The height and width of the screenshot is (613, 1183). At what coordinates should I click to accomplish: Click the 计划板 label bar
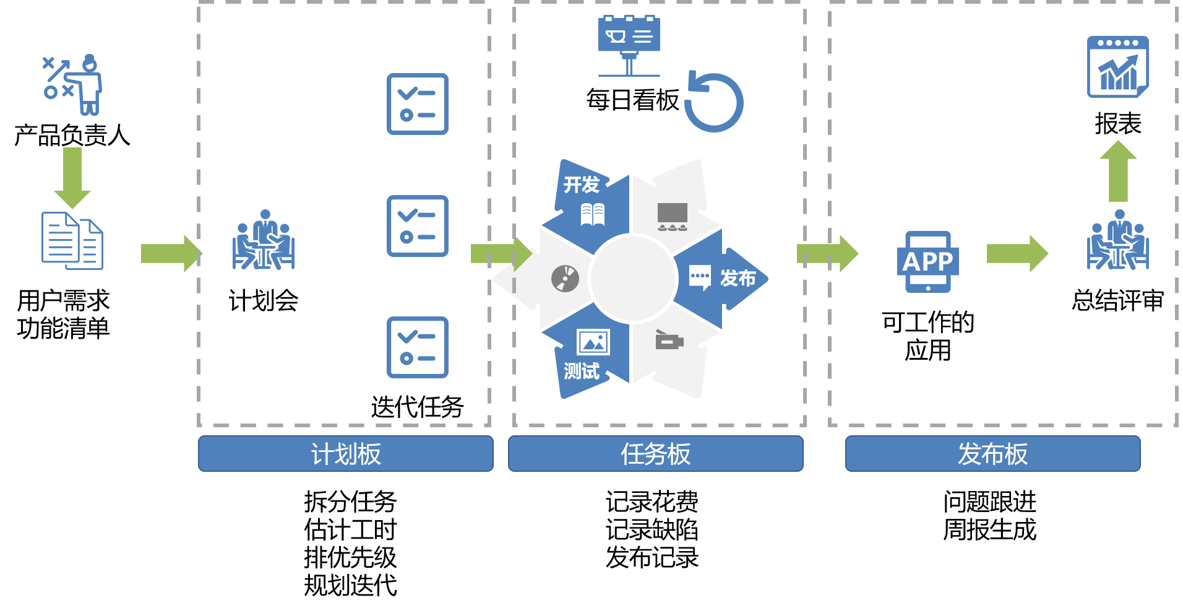click(345, 454)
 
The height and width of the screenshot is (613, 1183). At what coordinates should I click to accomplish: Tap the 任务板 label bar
click(655, 454)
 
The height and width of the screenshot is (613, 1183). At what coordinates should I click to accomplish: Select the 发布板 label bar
click(992, 454)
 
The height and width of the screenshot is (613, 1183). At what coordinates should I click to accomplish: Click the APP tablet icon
click(927, 261)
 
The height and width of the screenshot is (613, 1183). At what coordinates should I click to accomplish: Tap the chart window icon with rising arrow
click(1117, 67)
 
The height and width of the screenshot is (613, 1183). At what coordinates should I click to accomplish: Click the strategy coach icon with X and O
click(73, 85)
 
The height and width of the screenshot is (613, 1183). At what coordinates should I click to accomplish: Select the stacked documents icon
click(72, 241)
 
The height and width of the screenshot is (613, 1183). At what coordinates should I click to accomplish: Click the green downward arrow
click(72, 177)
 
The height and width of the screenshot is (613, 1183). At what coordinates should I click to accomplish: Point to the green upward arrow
click(1118, 172)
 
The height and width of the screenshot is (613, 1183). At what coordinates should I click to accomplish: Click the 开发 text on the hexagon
click(581, 185)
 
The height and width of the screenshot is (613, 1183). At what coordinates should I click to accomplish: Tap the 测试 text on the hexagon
click(581, 372)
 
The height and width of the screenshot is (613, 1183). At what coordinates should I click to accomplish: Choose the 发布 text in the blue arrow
click(738, 279)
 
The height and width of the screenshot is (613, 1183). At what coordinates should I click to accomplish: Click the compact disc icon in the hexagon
click(565, 279)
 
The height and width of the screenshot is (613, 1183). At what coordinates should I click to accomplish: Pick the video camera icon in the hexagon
click(669, 340)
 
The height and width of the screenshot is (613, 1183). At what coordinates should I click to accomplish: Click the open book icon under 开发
click(593, 215)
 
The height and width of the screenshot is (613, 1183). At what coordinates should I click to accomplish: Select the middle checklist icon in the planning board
click(418, 226)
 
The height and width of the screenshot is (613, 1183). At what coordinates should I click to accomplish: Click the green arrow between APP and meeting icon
click(1017, 253)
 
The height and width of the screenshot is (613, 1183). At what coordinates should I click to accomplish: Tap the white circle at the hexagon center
click(633, 279)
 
